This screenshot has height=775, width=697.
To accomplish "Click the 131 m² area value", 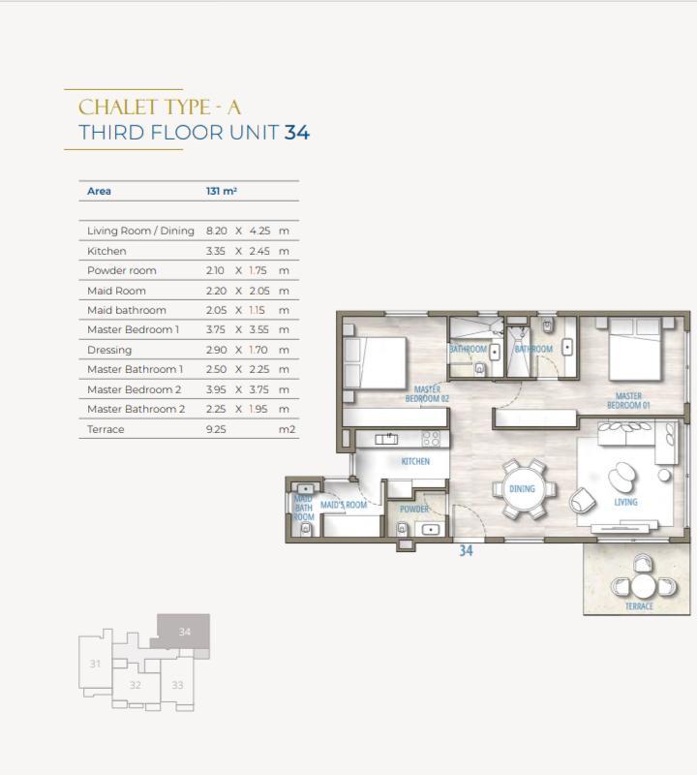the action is tap(222, 191).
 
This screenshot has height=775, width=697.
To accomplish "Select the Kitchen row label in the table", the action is tap(106, 251).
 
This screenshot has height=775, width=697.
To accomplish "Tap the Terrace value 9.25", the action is tap(216, 429).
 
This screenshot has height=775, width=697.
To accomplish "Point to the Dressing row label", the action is tap(109, 350).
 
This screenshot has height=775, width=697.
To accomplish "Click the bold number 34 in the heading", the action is tap(297, 133).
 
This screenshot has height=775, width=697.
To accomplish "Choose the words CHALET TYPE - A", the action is tap(160, 108).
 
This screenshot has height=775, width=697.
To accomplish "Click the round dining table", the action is tap(523, 489).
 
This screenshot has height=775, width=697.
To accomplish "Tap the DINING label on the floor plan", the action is tap(522, 489).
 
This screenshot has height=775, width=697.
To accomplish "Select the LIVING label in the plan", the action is tap(626, 502).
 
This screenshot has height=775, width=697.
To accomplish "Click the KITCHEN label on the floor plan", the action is tap(415, 461).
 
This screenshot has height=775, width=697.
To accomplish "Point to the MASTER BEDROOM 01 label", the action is tap(628, 400).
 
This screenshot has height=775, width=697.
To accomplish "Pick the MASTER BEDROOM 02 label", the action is tap(427, 394).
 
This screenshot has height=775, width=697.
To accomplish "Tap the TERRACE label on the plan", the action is tap(639, 606).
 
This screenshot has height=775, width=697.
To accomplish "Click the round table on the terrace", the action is tap(643, 586).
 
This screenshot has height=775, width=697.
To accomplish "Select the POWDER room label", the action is tap(414, 510).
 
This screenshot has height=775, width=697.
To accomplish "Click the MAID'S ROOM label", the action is tap(344, 505).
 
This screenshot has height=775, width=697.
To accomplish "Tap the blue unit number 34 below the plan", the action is tap(466, 550).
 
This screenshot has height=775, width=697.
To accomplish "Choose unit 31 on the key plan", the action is tap(95, 664).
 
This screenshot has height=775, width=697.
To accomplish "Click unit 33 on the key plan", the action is tap(177, 685).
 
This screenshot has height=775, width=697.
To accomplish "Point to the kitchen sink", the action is tap(386, 439).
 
